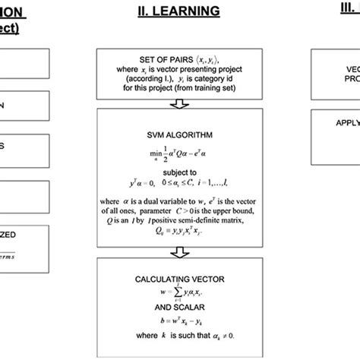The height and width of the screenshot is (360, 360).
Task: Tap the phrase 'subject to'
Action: click(x=181, y=172)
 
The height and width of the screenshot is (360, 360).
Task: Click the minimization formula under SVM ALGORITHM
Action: click(x=181, y=153)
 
